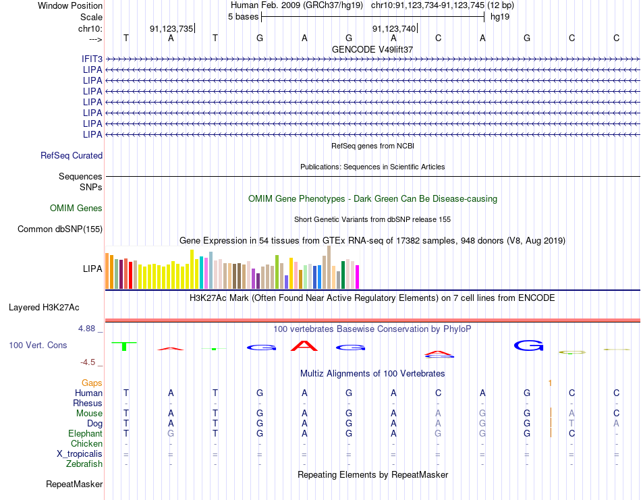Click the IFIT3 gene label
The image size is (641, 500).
tap(92, 59)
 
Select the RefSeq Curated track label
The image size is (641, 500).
tap(72, 155)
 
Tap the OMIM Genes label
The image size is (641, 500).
tap(76, 208)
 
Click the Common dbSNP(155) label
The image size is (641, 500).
tap(60, 229)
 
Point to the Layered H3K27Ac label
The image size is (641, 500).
tap(44, 308)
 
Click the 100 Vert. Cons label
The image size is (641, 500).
tap(38, 345)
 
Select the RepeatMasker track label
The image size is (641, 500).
tap(74, 484)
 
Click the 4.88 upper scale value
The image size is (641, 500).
tap(86, 329)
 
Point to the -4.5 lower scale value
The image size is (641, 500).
tap(88, 362)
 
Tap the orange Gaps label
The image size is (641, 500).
tap(92, 383)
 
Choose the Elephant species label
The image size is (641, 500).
tap(85, 433)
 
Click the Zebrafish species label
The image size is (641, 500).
tap(84, 464)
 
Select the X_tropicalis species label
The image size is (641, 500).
tap(80, 454)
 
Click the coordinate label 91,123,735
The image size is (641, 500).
tap(171, 28)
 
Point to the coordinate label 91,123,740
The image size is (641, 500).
tap(393, 28)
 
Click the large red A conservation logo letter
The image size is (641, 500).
tap(304, 346)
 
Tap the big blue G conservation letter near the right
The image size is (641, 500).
tap(528, 345)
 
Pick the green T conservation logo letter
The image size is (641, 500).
tap(124, 346)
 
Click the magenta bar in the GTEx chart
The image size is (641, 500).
tap(358, 277)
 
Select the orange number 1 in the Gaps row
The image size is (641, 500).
tap(550, 383)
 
